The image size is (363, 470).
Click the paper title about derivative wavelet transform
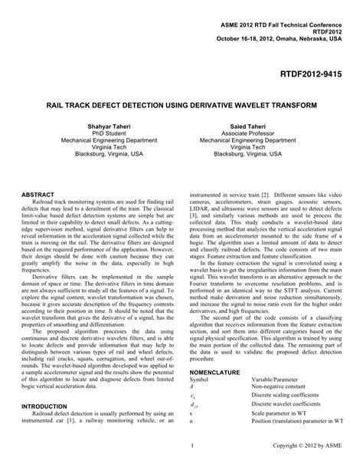tap(181, 100)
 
